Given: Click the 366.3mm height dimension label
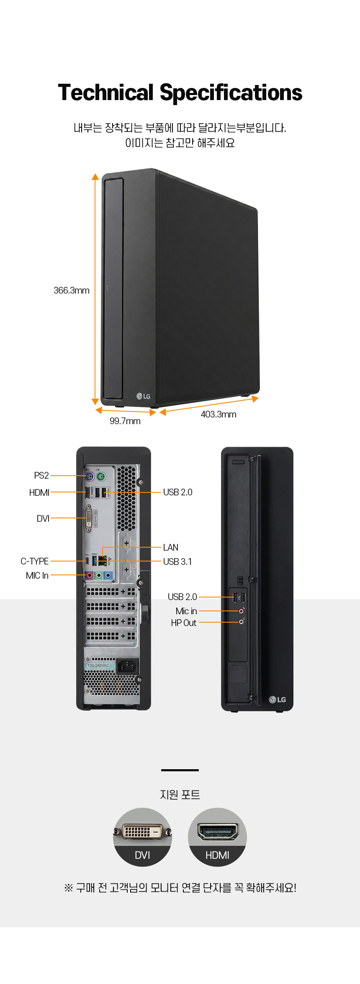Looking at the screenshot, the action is pos(72,291).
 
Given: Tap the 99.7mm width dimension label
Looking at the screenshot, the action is pos(125,421).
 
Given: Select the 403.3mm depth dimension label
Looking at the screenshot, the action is pos(219,415).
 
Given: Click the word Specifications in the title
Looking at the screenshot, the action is pos(231,93).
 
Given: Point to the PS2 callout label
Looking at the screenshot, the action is pos(41,476).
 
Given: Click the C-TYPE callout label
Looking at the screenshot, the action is pos(35,562).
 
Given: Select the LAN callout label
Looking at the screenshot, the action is pos(171,548).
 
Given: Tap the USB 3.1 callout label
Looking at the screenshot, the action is pos(177,562).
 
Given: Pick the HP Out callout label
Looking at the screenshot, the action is pos(184,623).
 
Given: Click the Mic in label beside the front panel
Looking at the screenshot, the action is pos(186,611).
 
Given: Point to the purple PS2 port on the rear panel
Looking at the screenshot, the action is pos(89,476).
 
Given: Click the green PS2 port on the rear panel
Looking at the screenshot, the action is pos(100,476).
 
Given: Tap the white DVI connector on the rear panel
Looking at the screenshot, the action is pos(89,518).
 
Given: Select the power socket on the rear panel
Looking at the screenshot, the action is pos(127,666).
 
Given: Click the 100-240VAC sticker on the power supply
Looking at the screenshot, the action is pos(98,665).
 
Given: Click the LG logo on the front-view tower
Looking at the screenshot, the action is pos(277,700).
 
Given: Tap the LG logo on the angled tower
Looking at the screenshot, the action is pos(143,396).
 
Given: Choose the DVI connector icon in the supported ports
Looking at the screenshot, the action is pos(142,831).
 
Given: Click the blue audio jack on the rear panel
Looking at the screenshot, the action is pos(108,576).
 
